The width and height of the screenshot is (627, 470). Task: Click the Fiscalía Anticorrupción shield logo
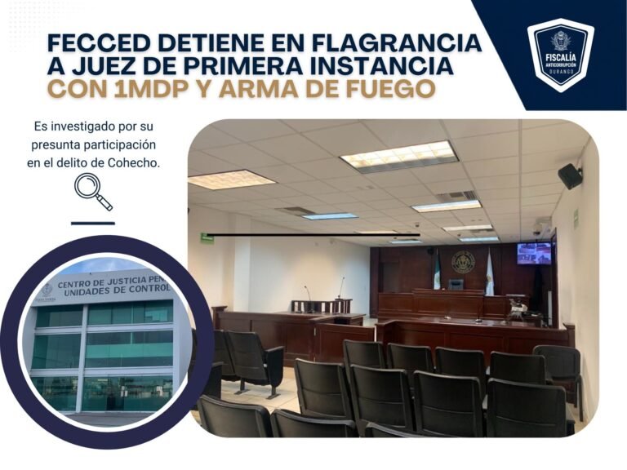pyautogui.click(x=560, y=55)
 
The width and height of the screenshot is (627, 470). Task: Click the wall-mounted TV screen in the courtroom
pyautogui.click(x=533, y=254)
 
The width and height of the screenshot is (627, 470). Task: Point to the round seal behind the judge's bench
pyautogui.click(x=463, y=262)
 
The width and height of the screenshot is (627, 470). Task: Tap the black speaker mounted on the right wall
pyautogui.click(x=570, y=176)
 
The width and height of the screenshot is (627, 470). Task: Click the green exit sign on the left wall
pyautogui.click(x=207, y=237)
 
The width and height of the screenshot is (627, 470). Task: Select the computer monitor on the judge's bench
pyautogui.click(x=456, y=284)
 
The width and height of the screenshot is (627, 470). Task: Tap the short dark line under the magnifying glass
pyautogui.click(x=93, y=224)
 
